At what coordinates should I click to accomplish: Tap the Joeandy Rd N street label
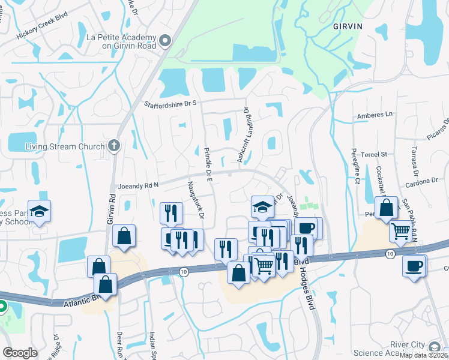coord(138,185)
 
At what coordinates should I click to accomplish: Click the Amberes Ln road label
coord(374,114)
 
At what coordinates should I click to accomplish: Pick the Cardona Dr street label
coord(420,181)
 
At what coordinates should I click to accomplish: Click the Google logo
coord(20,353)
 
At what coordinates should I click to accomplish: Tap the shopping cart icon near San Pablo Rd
coord(400,230)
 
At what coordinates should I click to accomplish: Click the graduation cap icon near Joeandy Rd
coord(262,207)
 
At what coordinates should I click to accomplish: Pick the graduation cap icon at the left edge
coord(40,211)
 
